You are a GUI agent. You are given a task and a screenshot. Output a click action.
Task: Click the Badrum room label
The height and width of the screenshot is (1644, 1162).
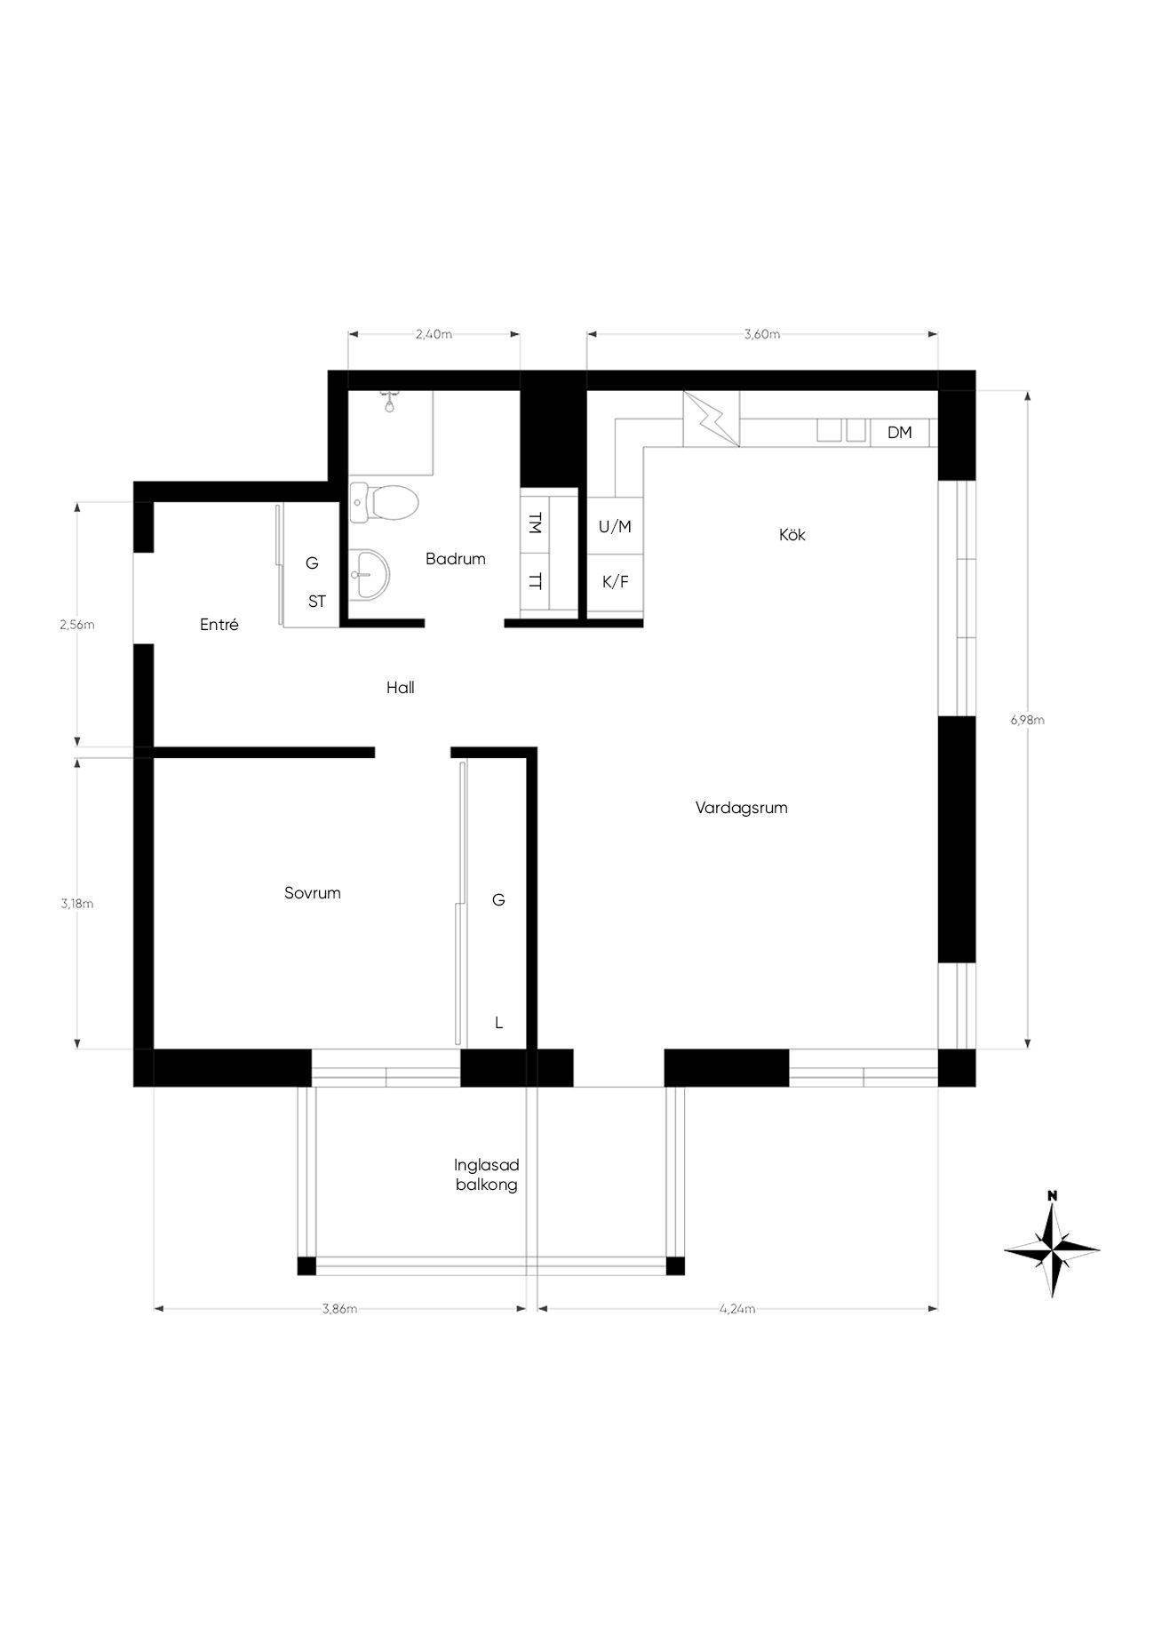(x=455, y=559)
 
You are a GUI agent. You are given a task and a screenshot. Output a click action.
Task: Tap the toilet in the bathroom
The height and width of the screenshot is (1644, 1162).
(x=384, y=503)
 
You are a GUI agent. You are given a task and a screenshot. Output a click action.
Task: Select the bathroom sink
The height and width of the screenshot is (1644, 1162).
(x=369, y=573)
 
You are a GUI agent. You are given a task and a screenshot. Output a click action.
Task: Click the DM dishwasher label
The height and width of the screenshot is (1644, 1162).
(x=899, y=433)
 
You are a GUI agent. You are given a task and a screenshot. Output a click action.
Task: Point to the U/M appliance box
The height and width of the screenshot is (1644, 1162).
(x=615, y=526)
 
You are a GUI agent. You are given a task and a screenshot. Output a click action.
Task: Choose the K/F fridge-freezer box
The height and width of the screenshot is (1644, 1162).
(x=615, y=583)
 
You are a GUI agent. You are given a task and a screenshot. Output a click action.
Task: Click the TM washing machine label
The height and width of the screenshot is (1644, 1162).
(x=534, y=523)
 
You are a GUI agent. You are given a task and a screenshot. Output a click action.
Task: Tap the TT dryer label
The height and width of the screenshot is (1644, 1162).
(x=534, y=582)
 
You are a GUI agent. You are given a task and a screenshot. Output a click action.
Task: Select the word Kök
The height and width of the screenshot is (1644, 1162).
(x=792, y=535)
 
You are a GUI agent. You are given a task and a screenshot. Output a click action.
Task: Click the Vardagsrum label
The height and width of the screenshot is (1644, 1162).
(x=741, y=808)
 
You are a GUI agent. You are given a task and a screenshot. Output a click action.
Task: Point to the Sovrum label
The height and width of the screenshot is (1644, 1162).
(x=313, y=893)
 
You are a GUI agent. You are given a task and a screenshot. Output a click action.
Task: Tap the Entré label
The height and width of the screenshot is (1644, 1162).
(x=219, y=625)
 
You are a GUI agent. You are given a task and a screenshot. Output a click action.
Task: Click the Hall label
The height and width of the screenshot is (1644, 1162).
(x=401, y=687)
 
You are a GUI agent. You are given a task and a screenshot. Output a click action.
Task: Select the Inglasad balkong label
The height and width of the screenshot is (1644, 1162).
(x=486, y=1175)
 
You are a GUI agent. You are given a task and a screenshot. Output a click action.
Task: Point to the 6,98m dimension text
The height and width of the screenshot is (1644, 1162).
(x=1027, y=721)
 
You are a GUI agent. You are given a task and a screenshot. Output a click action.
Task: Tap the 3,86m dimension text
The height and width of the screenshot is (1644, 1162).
(x=340, y=1308)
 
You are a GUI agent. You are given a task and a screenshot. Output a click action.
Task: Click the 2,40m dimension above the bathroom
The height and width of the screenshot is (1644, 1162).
(x=434, y=335)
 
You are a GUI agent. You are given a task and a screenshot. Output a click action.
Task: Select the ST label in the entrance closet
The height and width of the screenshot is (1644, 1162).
(x=317, y=602)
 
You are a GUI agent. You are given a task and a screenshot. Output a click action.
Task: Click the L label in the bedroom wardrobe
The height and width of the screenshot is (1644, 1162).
(x=498, y=1023)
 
